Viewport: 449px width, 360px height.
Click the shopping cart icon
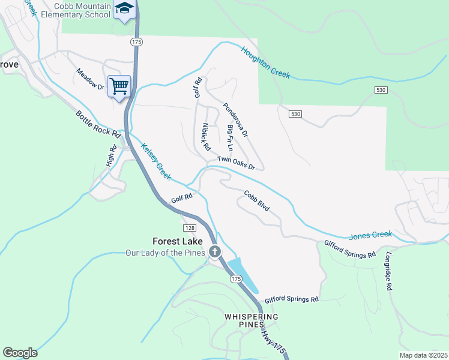click(119, 86)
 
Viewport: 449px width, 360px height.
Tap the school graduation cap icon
click(124, 8)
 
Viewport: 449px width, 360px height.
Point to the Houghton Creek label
click(266, 62)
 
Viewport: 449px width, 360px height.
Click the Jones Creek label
click(370, 235)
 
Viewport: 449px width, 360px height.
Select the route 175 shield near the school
click(137, 42)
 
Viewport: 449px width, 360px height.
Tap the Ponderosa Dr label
click(235, 119)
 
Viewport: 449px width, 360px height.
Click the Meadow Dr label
click(90, 79)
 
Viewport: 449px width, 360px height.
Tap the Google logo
click(20, 353)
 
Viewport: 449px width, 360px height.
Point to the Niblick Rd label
click(206, 137)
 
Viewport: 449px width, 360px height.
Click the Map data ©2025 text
click(423, 355)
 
